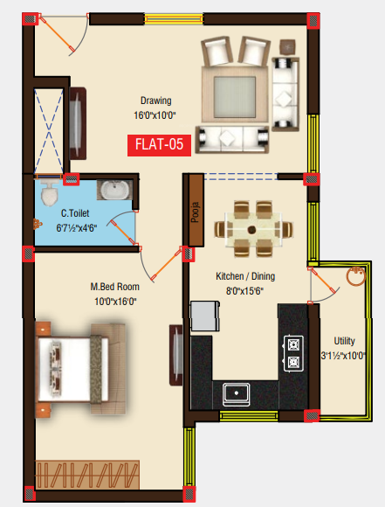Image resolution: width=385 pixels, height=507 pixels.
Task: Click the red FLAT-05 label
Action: (158, 145)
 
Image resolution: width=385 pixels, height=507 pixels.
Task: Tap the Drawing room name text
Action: (156, 101)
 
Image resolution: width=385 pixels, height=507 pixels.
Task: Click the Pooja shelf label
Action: (196, 212)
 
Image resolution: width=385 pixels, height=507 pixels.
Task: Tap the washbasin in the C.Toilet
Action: (112, 190)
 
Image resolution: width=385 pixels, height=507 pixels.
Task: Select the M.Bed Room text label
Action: (113, 287)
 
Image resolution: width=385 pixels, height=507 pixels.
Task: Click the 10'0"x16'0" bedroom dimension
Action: (113, 302)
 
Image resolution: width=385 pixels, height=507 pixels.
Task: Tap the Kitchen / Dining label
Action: (241, 276)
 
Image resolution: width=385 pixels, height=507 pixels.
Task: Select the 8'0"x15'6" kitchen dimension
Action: (241, 291)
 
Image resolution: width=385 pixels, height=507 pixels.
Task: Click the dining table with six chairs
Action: (251, 230)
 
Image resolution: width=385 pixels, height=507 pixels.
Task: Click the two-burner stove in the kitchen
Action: (293, 353)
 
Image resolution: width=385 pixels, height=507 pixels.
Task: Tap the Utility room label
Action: (344, 341)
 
